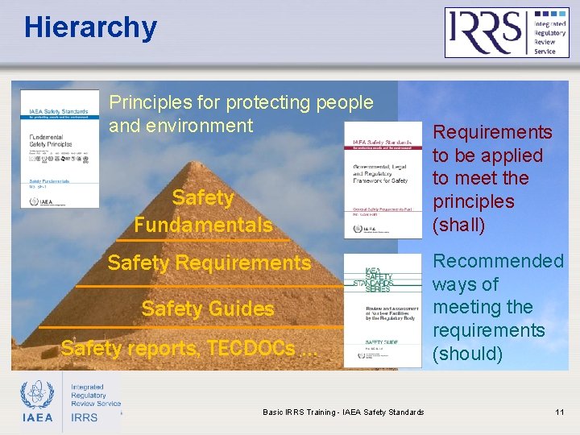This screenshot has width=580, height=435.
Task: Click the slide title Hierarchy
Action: [90, 27]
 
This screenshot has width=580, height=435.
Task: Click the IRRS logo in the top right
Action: [507, 32]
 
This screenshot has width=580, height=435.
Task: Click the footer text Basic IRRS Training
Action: [343, 412]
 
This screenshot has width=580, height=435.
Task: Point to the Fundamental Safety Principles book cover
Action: [60, 149]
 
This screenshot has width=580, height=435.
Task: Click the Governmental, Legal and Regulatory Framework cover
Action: [383, 180]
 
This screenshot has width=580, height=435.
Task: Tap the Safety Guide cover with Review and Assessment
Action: [383, 311]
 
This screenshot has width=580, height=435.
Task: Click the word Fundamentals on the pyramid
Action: [203, 224]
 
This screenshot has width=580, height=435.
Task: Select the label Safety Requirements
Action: [209, 263]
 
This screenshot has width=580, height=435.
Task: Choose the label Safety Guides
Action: [208, 309]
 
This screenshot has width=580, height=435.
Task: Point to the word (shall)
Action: [459, 224]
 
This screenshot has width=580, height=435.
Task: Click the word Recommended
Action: [498, 261]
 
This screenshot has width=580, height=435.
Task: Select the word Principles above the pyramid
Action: [147, 103]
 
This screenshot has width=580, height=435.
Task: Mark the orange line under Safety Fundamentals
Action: [203, 240]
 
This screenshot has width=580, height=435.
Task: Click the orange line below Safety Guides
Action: [193, 327]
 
